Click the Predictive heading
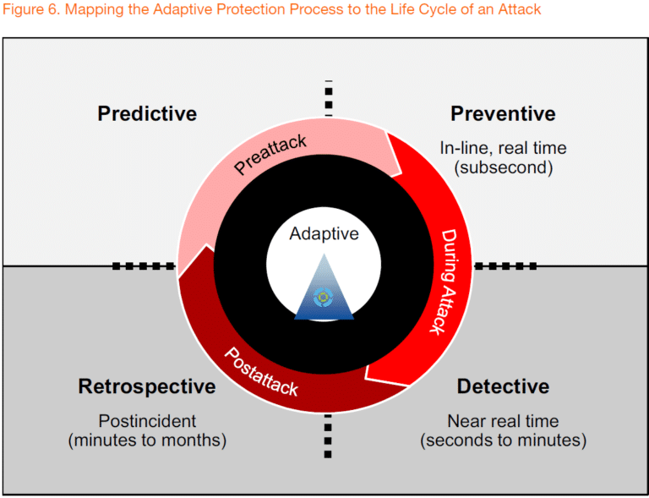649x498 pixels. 147,113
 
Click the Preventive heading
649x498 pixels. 503,113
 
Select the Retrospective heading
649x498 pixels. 147,386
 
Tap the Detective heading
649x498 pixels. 503,386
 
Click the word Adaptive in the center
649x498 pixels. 324,234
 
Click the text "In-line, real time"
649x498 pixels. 503,148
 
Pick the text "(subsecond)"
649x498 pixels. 503,167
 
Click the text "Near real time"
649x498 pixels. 503,421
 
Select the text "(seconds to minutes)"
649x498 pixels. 503,441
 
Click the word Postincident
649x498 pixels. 147,421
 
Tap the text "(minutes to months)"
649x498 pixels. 147,441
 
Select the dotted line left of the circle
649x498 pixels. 144,266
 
